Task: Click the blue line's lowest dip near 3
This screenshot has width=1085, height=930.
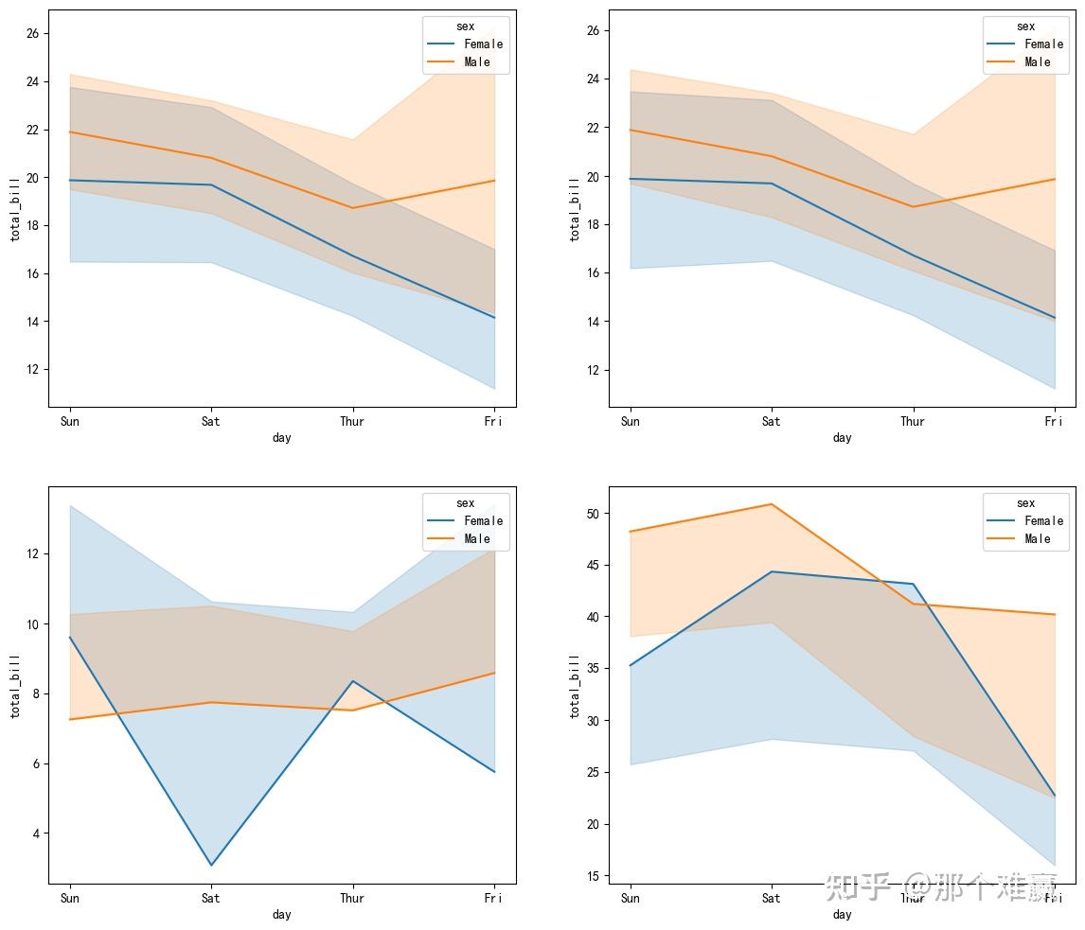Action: pyautogui.click(x=210, y=865)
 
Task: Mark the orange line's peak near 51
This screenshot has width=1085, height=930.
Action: pyautogui.click(x=772, y=504)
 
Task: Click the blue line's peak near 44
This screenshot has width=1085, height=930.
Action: pyautogui.click(x=772, y=571)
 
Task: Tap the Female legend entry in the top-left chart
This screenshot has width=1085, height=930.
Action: pyautogui.click(x=483, y=44)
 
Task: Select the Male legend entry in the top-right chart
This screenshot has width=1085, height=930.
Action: pyautogui.click(x=1038, y=62)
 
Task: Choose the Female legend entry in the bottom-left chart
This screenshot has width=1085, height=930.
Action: pyautogui.click(x=483, y=521)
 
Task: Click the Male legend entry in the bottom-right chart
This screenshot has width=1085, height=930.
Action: pyautogui.click(x=1038, y=539)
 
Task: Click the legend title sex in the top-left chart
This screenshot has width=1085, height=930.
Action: pyautogui.click(x=465, y=27)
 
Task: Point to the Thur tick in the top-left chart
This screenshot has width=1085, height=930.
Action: pyautogui.click(x=352, y=422)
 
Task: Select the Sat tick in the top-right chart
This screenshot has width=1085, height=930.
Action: pyautogui.click(x=772, y=422)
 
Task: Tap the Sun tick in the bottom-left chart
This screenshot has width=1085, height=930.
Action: pyautogui.click(x=69, y=899)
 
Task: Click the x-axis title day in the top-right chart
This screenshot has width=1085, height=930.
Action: pyautogui.click(x=842, y=438)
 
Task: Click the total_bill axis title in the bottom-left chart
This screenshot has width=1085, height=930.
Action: pyautogui.click(x=15, y=685)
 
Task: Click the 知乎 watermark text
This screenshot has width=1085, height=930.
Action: pyautogui.click(x=858, y=887)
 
